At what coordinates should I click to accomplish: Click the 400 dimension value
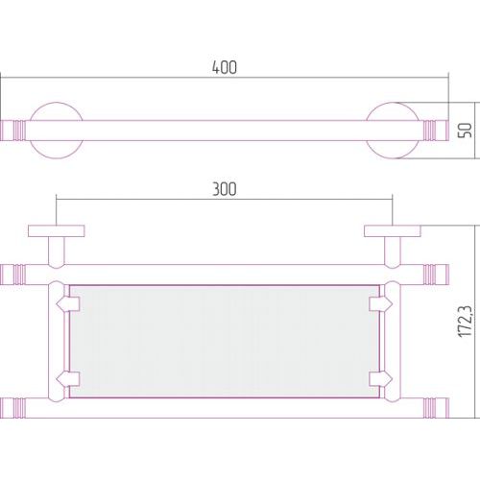[225, 67]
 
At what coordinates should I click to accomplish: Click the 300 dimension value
[225, 189]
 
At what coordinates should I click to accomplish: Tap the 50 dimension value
[465, 131]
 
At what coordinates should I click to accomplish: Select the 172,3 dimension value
[466, 322]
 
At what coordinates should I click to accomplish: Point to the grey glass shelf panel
[225, 342]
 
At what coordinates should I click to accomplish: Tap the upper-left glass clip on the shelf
[68, 304]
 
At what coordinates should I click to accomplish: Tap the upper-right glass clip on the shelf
[380, 304]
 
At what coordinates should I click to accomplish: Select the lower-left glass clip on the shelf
[68, 379]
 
